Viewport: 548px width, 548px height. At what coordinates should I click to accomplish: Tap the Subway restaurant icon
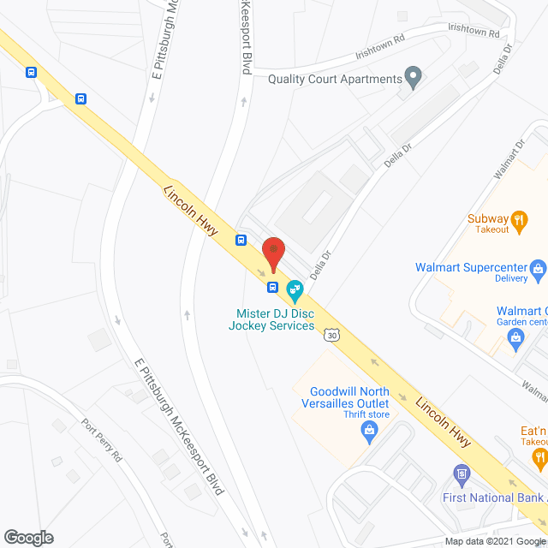[x=519, y=219]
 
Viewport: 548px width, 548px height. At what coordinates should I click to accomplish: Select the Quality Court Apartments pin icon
[x=414, y=79]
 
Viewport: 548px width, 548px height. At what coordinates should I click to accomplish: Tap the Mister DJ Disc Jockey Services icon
[x=295, y=290]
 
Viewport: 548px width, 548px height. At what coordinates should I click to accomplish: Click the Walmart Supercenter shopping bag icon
[x=539, y=271]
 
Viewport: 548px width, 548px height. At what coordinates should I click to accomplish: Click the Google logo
[x=27, y=538]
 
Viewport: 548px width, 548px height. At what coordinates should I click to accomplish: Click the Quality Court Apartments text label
[x=335, y=80]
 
